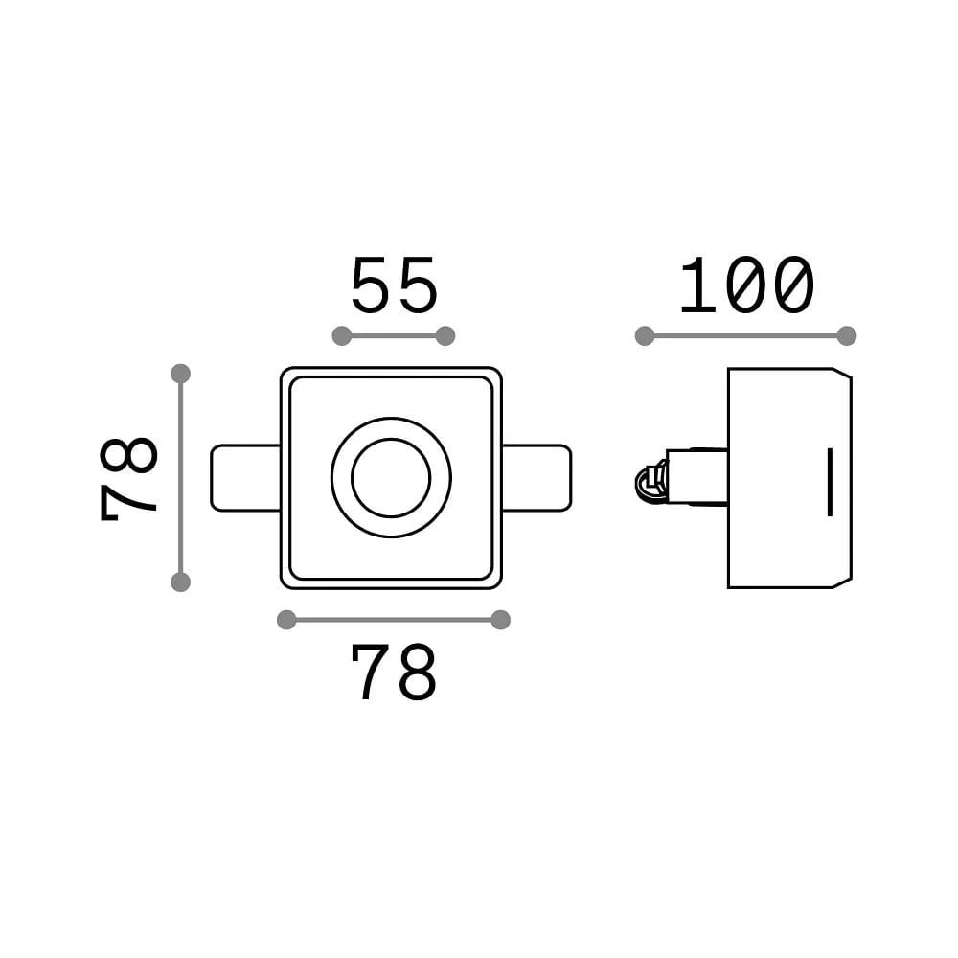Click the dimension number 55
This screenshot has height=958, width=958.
(x=395, y=285)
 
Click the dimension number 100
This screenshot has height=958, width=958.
(x=746, y=285)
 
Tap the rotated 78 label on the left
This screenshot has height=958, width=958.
(x=128, y=479)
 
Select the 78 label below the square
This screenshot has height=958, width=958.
(x=394, y=672)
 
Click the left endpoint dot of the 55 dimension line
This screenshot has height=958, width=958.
(x=342, y=336)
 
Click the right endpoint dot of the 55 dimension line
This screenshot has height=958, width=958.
(x=446, y=336)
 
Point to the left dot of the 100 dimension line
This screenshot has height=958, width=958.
(x=645, y=336)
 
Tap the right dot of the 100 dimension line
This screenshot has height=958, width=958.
(x=847, y=336)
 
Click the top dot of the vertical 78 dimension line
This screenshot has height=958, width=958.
(x=181, y=374)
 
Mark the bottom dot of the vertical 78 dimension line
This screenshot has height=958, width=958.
(x=181, y=582)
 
